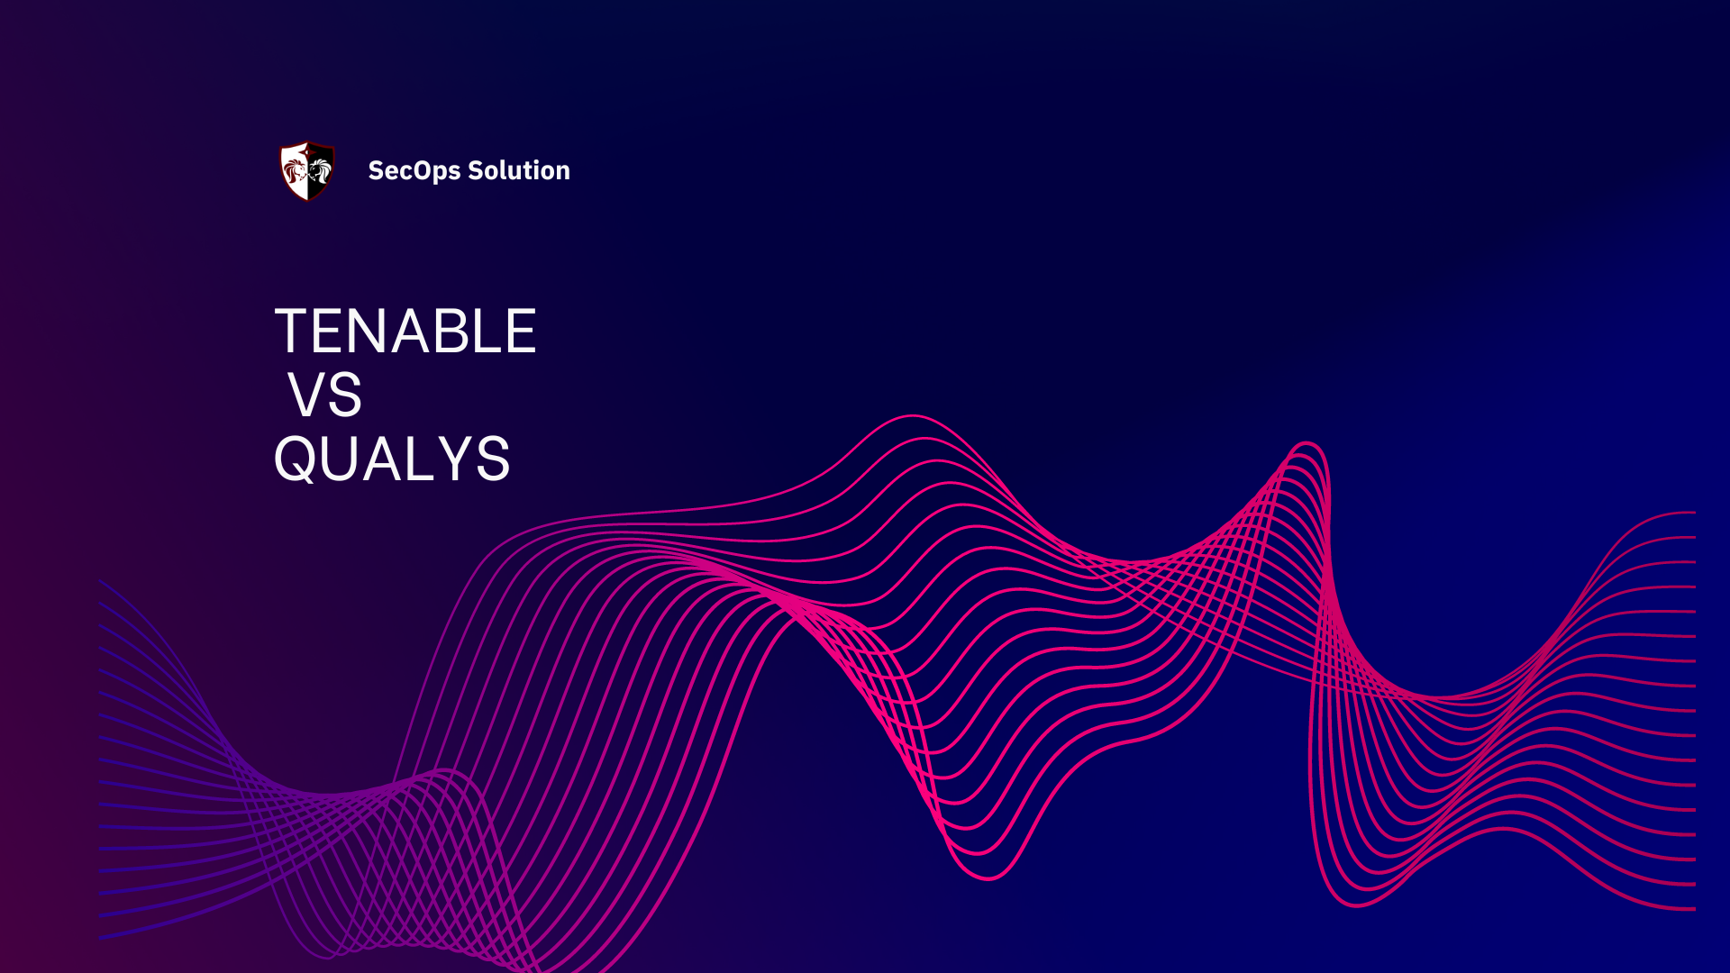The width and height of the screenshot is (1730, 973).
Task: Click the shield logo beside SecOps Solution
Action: pyautogui.click(x=307, y=170)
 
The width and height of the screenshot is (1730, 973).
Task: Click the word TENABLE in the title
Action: pyautogui.click(x=405, y=332)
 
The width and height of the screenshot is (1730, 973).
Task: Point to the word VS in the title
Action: pyautogui.click(x=325, y=396)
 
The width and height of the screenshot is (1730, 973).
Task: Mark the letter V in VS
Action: pyautogui.click(x=307, y=396)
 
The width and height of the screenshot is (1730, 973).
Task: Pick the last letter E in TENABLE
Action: pyautogui.click(x=521, y=332)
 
